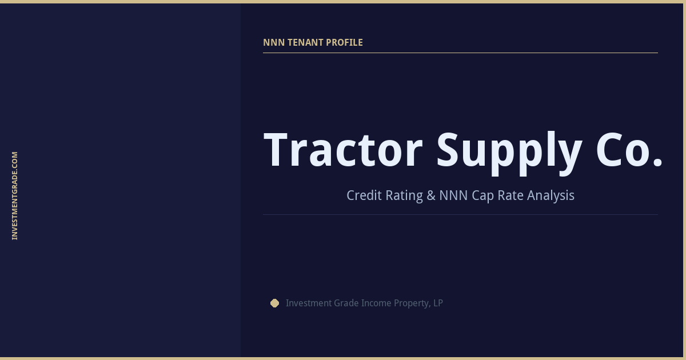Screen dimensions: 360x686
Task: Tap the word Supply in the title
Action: point(509,150)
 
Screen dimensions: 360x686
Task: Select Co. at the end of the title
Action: point(629,150)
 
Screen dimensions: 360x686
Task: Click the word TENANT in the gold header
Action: point(304,42)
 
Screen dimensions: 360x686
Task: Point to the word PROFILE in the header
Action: point(344,42)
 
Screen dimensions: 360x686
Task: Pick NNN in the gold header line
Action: point(272,42)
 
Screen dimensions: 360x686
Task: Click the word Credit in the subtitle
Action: point(364,195)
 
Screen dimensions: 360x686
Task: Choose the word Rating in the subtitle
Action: point(404,195)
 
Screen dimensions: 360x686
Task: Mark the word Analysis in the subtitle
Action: point(551,195)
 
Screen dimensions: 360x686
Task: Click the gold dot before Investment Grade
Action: point(274,303)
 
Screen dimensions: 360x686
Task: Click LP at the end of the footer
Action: point(438,303)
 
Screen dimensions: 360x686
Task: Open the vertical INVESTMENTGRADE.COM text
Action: point(15,195)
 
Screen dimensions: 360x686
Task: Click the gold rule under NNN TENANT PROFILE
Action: point(460,53)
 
